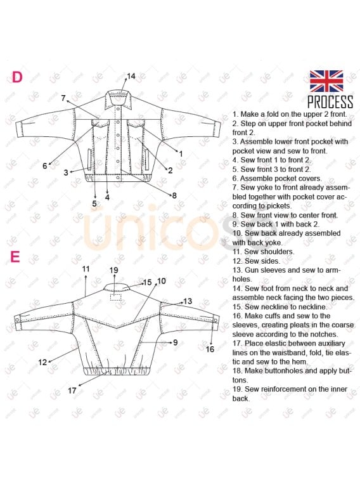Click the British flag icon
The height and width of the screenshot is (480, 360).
[x=326, y=81]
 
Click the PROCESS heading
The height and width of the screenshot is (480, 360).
[x=330, y=102]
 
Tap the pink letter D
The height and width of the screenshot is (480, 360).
[x=17, y=77]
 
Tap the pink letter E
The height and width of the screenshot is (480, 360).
[x=15, y=257]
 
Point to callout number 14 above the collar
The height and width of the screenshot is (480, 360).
[x=131, y=76]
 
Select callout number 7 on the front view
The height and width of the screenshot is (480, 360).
[x=63, y=98]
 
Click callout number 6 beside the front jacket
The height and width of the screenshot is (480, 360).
[x=44, y=166]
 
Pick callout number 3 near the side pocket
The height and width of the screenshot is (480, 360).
[x=66, y=172]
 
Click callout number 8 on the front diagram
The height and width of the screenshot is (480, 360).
[x=174, y=195]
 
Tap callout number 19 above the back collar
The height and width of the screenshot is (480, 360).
[x=114, y=270]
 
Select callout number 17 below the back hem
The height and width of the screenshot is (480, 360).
[x=72, y=391]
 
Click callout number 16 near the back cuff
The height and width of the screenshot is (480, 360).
[x=210, y=349]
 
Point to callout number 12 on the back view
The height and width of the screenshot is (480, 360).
[x=42, y=363]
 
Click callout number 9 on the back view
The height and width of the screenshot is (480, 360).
[x=176, y=342]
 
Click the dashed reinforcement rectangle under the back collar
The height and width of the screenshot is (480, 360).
[x=115, y=297]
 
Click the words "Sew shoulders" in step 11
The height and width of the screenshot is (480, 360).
[x=269, y=252]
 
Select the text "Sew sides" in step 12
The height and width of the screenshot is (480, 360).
[x=262, y=261]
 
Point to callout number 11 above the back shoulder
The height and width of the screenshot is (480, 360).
[x=86, y=269]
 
